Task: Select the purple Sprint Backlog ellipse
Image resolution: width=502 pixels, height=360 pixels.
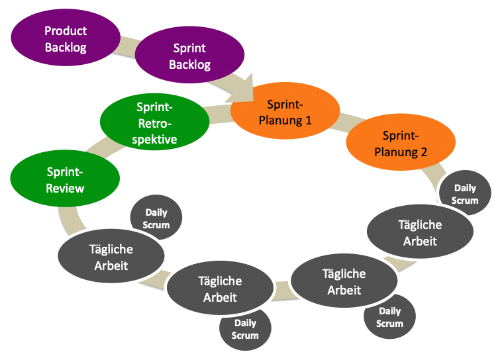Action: [x=189, y=56]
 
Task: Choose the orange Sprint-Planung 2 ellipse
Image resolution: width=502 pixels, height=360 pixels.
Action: [x=401, y=143]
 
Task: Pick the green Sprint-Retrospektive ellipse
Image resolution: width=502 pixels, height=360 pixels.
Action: [x=154, y=123]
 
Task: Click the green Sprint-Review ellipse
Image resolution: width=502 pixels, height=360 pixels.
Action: [x=65, y=179]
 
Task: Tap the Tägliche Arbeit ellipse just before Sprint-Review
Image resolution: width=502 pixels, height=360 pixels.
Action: [x=111, y=257]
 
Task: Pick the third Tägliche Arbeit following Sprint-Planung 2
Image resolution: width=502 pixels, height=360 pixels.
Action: [x=220, y=290]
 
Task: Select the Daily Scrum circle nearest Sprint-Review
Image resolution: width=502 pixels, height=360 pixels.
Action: [x=156, y=219]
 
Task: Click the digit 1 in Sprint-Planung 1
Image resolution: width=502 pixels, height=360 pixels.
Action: [x=308, y=121]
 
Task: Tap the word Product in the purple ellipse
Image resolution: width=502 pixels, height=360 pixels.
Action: [x=66, y=31]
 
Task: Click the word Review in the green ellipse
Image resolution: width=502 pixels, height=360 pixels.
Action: [x=65, y=188]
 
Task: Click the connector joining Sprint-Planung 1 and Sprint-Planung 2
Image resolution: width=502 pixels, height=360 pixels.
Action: [x=342, y=127]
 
